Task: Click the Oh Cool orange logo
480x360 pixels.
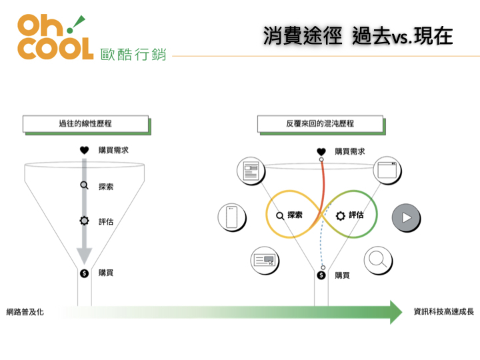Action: [55, 37]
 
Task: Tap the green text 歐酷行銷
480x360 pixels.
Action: [133, 55]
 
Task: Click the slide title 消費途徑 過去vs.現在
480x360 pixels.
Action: [357, 36]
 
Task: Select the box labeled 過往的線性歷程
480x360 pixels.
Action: [86, 124]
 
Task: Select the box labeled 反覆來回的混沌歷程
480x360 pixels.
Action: [320, 124]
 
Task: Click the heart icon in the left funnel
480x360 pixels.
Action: [84, 150]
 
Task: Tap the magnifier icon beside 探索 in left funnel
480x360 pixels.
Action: [84, 185]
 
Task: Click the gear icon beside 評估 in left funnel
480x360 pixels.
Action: [84, 221]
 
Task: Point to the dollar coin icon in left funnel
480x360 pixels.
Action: [84, 273]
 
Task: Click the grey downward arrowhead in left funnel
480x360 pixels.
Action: [84, 255]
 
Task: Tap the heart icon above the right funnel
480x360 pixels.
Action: [321, 152]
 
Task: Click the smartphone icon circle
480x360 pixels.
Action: [232, 217]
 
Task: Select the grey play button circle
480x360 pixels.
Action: [406, 217]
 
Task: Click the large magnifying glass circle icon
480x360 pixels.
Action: [378, 260]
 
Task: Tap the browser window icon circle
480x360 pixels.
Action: [387, 170]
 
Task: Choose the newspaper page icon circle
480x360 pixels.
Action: [251, 171]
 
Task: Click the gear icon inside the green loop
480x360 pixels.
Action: [340, 216]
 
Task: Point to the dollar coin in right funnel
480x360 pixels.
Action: [321, 275]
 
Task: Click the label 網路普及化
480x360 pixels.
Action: [25, 312]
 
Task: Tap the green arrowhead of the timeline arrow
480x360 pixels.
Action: [396, 312]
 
